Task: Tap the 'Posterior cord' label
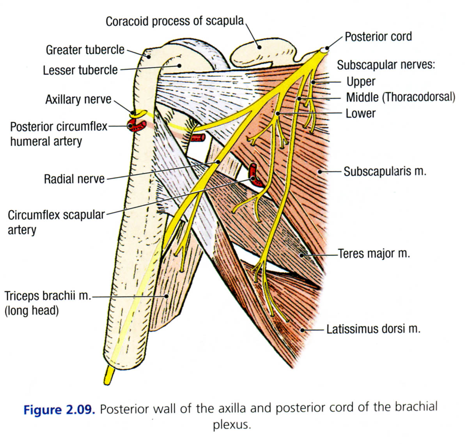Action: coord(378,37)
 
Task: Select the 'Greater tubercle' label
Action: coord(85,50)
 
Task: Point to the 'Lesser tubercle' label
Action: coord(80,70)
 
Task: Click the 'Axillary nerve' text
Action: coord(78,99)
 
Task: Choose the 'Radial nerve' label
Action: coord(74,179)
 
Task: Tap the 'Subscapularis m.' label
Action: coord(385,172)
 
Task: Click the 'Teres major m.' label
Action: coord(374,254)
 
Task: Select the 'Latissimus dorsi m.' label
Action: coord(373,329)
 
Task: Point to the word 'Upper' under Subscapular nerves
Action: coord(361,82)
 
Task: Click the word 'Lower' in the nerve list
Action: coord(360,113)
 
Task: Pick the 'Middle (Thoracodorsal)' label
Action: coord(400,97)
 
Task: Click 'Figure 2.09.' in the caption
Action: coord(59,410)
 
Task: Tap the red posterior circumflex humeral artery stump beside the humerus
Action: coord(136,126)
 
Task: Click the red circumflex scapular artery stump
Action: coord(253,174)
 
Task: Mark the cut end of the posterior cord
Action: coord(324,50)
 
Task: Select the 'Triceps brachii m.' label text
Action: coord(47,296)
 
